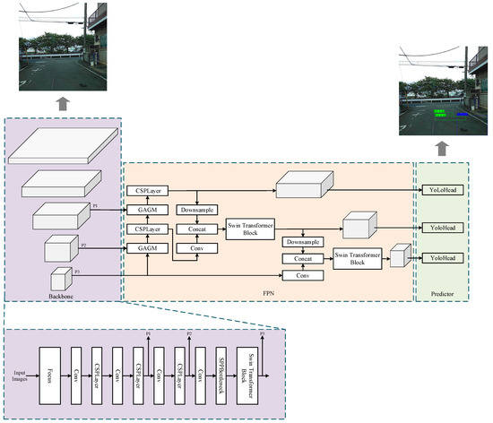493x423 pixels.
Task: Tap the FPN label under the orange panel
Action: click(x=268, y=292)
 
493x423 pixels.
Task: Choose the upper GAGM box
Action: click(x=148, y=209)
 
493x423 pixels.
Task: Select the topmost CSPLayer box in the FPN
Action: click(x=148, y=191)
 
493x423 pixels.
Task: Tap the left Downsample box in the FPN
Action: click(x=197, y=210)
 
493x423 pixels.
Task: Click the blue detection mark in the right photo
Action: click(x=463, y=115)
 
